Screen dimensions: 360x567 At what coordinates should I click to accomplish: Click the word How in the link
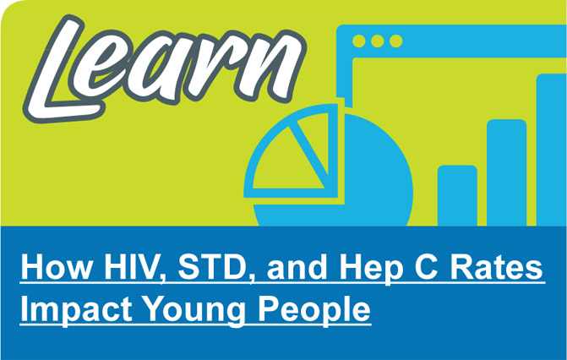tap(52, 270)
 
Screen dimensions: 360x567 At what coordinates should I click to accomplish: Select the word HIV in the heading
tap(127, 270)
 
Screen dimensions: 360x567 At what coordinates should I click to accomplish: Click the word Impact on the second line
tap(71, 309)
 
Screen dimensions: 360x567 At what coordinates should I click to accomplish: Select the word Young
tap(188, 309)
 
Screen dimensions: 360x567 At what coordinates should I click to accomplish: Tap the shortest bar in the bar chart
tap(457, 196)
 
